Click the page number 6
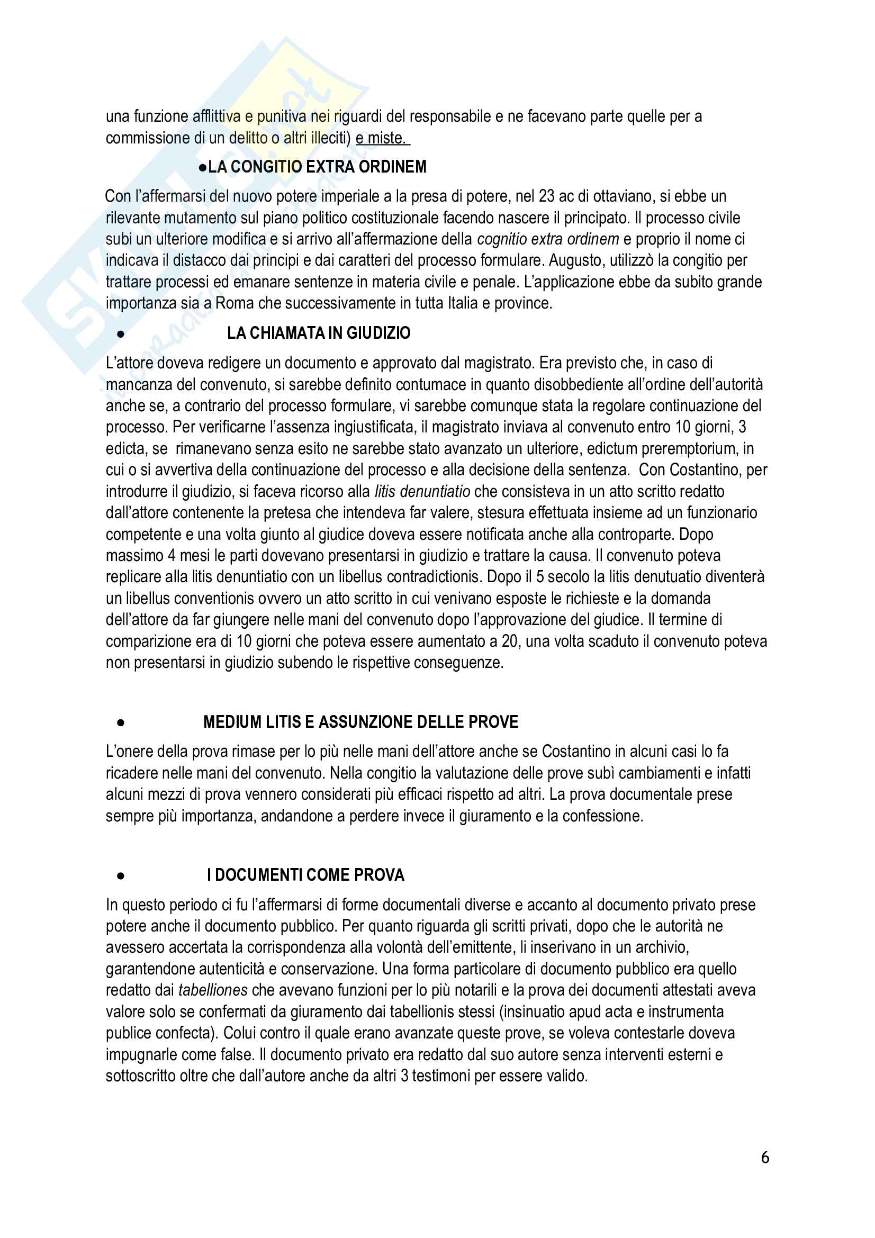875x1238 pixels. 764,1158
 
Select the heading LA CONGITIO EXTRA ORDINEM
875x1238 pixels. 317,167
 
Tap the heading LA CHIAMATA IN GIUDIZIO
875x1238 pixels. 319,333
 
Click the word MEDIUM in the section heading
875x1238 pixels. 232,722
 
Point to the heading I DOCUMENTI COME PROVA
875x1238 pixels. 305,874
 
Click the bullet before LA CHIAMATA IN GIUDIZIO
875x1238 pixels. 121,335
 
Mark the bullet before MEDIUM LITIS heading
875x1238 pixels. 121,723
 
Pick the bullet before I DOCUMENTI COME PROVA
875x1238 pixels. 121,876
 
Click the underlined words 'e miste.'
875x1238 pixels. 382,139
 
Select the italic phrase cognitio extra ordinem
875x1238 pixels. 548,239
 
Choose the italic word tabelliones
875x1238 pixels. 213,990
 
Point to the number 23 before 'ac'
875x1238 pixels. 546,196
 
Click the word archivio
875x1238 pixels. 662,947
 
